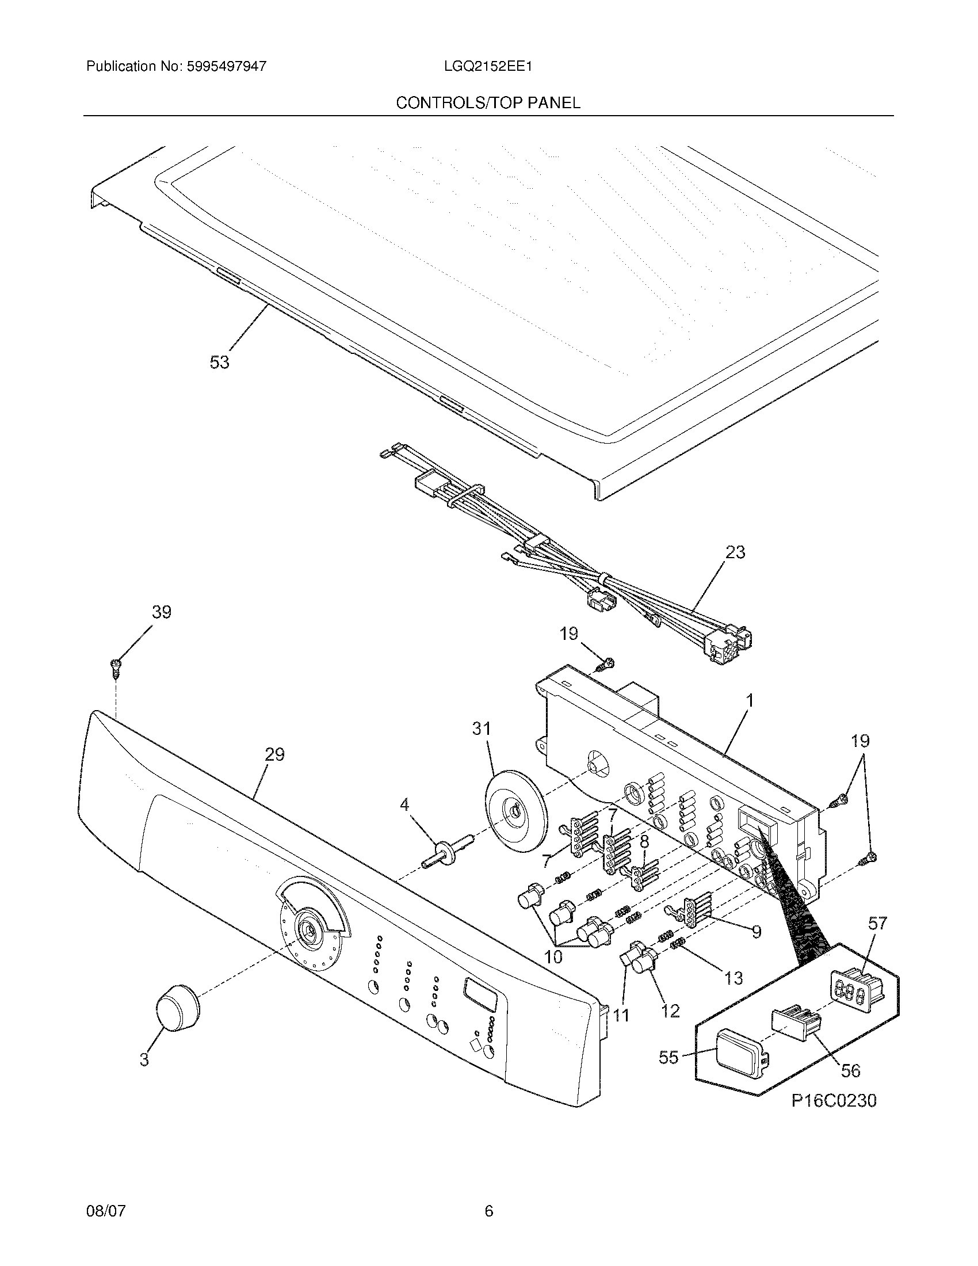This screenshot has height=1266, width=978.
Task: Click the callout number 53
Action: click(x=219, y=363)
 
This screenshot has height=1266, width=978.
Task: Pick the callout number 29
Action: click(x=274, y=754)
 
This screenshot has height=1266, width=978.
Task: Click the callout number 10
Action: click(x=553, y=957)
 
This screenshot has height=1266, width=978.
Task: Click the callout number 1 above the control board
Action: click(x=750, y=701)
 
